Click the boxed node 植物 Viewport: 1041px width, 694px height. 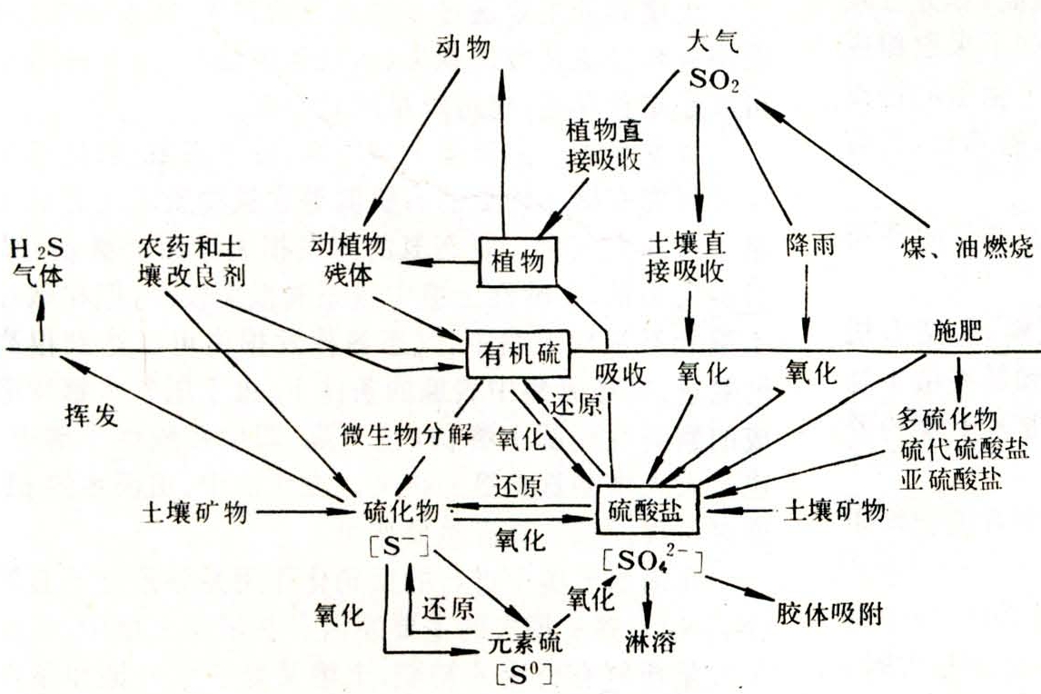(517, 262)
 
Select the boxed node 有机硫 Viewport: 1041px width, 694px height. (519, 354)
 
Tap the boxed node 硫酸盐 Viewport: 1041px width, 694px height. (648, 510)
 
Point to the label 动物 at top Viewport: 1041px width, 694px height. (463, 46)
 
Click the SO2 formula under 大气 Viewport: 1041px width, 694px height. (714, 80)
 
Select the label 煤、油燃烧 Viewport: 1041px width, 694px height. (967, 247)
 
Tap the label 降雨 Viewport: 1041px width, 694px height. (810, 245)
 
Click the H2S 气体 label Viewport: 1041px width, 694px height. (37, 263)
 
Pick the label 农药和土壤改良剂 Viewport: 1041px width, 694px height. (191, 261)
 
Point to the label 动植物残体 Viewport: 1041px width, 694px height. (348, 260)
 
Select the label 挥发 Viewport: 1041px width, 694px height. (92, 415)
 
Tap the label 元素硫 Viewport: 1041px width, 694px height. (524, 641)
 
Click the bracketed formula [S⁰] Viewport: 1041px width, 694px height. (524, 674)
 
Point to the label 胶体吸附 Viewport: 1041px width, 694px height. (830, 614)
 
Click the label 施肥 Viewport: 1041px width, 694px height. (957, 330)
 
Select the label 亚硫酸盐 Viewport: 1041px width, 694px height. (951, 479)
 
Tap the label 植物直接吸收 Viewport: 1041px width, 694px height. (604, 145)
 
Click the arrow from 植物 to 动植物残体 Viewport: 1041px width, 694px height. (440, 263)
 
